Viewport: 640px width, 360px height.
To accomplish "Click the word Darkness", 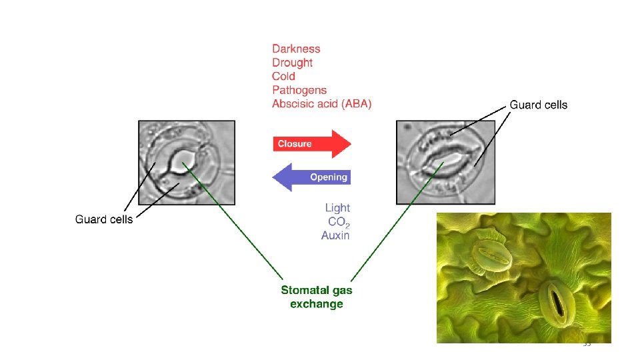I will [296, 49].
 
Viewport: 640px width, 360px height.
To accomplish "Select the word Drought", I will [292, 63].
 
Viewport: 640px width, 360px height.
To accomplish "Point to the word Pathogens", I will [299, 90].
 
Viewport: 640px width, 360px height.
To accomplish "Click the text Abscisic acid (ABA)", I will [322, 104].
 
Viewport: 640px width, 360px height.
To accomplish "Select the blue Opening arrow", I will [312, 177].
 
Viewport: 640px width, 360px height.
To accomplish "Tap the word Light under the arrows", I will [337, 209].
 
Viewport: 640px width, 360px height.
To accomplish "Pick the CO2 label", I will [339, 222].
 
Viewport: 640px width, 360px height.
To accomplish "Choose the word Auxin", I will [335, 235].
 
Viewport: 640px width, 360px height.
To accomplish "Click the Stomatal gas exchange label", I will [317, 297].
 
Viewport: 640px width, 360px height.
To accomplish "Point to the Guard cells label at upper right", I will [539, 105].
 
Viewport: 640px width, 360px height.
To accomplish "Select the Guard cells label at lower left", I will [104, 219].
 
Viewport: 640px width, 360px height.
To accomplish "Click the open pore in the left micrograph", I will [181, 160].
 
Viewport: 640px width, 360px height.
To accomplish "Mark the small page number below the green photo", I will [587, 345].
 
